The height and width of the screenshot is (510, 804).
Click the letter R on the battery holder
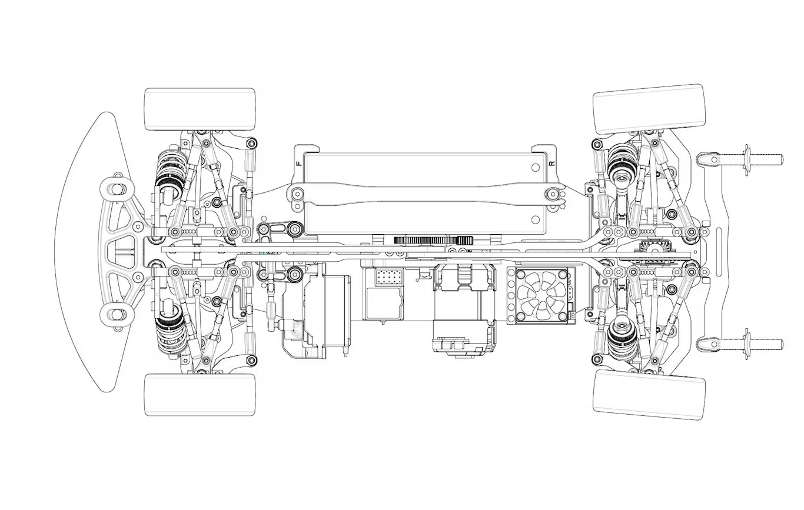point(551,163)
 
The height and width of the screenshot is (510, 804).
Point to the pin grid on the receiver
point(388,278)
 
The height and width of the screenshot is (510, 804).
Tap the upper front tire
point(200,109)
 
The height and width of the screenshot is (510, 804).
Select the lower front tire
point(200,394)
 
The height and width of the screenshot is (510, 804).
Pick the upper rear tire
point(649,108)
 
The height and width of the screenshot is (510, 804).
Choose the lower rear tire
point(649,394)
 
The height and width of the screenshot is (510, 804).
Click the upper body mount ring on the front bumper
point(116,189)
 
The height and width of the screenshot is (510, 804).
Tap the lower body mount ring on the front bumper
point(116,315)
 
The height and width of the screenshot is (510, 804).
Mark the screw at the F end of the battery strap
point(298,192)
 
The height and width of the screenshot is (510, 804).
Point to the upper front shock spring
point(172,168)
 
